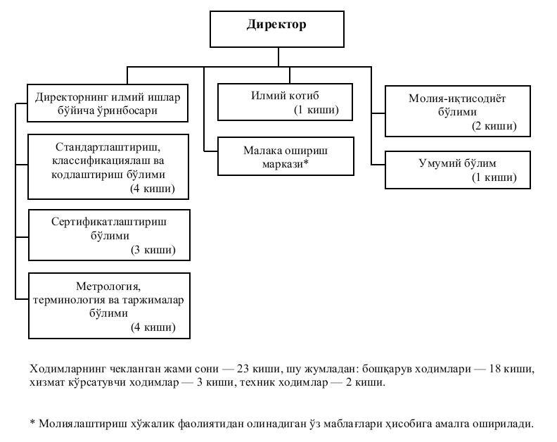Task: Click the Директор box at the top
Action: pyautogui.click(x=276, y=29)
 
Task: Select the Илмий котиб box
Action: pyautogui.click(x=285, y=102)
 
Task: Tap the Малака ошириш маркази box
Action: pyautogui.click(x=286, y=156)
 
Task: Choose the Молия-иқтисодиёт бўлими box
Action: pyautogui.click(x=458, y=111)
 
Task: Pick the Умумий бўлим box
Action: pyautogui.click(x=458, y=170)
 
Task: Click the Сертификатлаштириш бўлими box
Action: pyautogui.click(x=109, y=235)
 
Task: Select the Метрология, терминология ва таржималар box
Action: pyautogui.click(x=109, y=305)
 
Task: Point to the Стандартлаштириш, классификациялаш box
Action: pyautogui.click(x=108, y=166)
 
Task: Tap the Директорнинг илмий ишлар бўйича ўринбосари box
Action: pyautogui.click(x=108, y=103)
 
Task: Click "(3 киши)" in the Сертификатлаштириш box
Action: pyautogui.click(x=153, y=250)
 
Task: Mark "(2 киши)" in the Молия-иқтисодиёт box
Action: pyautogui.click(x=494, y=126)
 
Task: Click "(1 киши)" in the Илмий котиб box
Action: pyautogui.click(x=316, y=110)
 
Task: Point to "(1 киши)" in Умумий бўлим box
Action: pyautogui.click(x=494, y=177)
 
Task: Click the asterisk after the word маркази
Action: pyautogui.click(x=305, y=162)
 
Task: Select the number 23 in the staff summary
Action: pyautogui.click(x=243, y=369)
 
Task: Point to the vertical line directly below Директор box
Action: pyautogui.click(x=278, y=57)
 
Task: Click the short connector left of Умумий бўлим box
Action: pyautogui.click(x=378, y=165)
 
